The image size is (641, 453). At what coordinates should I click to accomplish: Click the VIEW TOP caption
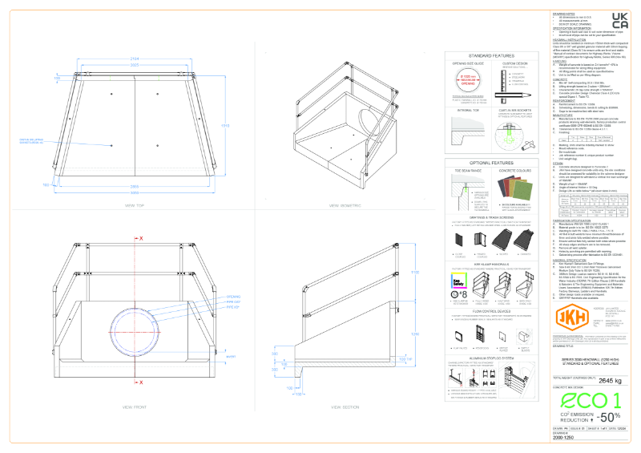click(x=133, y=205)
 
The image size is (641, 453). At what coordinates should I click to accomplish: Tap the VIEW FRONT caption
click(x=133, y=407)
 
